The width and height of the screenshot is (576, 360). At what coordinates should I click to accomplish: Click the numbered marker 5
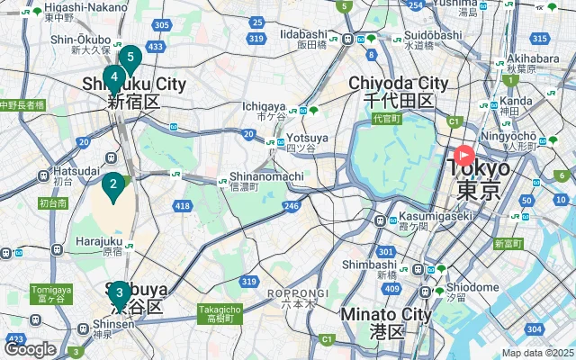(x=130, y=59)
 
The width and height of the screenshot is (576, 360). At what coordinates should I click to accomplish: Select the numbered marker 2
(x=113, y=186)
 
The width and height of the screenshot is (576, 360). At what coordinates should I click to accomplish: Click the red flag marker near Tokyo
(x=464, y=155)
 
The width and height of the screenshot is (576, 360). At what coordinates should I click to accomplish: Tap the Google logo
(x=30, y=349)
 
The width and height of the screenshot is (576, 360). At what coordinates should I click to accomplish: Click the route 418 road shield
(x=184, y=207)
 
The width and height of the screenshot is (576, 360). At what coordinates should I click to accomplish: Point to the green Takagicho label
(x=220, y=313)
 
